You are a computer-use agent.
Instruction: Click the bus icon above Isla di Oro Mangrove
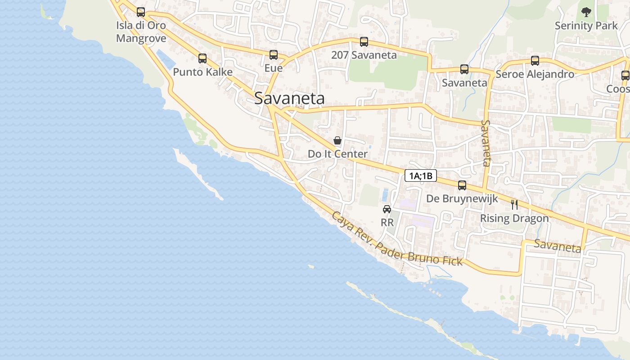click(141, 12)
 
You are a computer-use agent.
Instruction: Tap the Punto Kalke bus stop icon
click(202, 58)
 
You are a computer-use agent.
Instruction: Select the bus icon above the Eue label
click(274, 55)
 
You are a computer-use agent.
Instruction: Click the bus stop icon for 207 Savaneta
click(364, 42)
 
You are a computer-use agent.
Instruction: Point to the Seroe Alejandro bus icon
click(535, 60)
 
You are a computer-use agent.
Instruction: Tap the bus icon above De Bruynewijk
click(462, 185)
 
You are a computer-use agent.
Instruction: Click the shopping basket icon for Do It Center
click(337, 141)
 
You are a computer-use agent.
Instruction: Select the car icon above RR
click(387, 209)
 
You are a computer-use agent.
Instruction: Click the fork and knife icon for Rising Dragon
click(514, 205)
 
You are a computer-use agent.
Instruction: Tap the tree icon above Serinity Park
click(586, 12)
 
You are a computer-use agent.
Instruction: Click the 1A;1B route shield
click(421, 175)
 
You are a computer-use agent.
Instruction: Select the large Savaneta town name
click(289, 98)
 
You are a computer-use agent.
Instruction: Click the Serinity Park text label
click(586, 26)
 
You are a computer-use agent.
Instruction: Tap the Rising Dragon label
click(514, 218)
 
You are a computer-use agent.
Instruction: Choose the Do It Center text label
click(337, 154)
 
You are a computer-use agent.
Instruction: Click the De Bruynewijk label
click(462, 198)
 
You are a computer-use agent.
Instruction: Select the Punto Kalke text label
click(202, 72)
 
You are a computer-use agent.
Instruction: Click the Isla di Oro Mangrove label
click(141, 31)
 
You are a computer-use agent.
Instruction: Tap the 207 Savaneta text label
click(364, 55)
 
